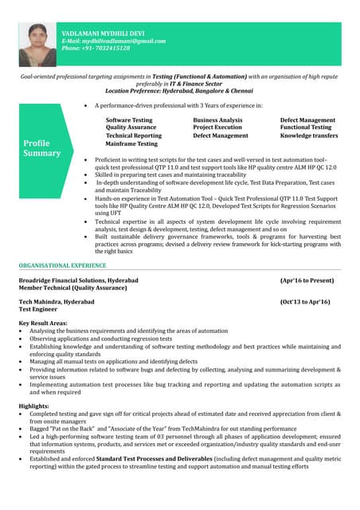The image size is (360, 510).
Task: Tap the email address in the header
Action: coord(114,41)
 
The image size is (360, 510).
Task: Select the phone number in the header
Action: coord(96,48)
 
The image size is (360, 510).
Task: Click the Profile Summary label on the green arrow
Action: coord(41,147)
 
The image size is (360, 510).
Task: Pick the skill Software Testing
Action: coord(129,120)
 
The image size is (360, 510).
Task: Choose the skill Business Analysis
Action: coord(217,120)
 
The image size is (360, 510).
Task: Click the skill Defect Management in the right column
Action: coord(307,120)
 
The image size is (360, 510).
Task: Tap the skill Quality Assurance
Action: coord(131,127)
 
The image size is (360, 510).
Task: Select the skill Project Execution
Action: coord(217,127)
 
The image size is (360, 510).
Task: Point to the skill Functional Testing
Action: coord(306,127)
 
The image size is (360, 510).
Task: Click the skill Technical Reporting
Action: coord(133,135)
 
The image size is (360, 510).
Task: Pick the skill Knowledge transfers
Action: coord(309,135)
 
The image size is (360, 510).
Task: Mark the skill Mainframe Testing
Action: coord(131,143)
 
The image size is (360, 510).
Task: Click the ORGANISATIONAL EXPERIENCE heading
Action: coord(62,265)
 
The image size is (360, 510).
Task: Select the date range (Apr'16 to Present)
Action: coord(307,280)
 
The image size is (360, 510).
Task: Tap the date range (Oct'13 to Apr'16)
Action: coord(305,302)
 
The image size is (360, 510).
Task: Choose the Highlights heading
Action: coord(36,406)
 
